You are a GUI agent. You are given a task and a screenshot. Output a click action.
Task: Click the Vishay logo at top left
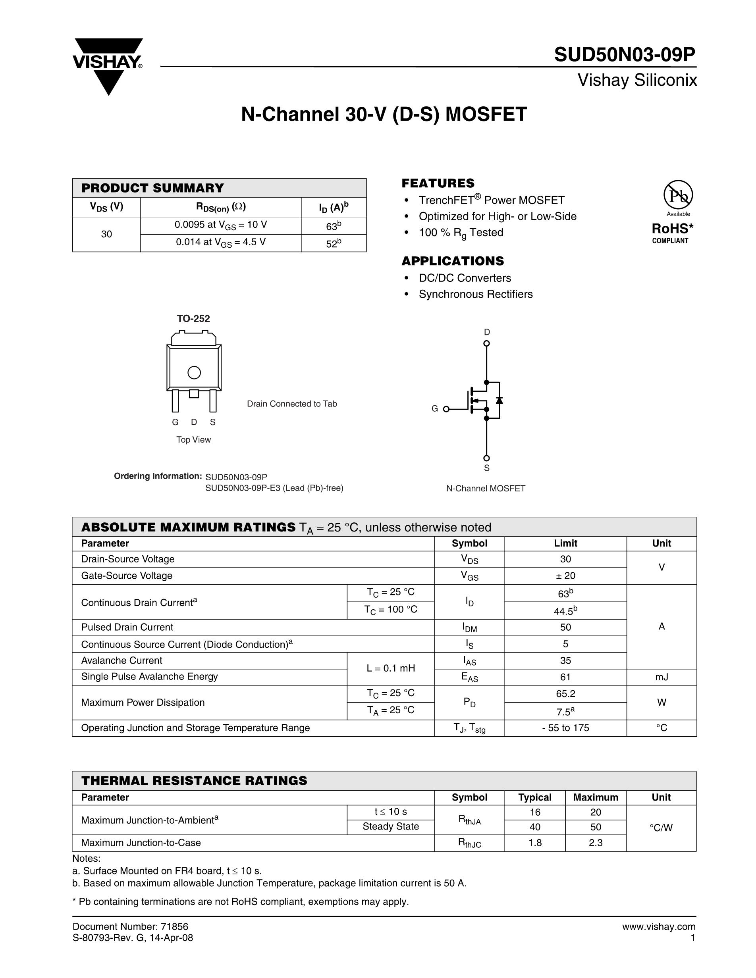click(x=108, y=65)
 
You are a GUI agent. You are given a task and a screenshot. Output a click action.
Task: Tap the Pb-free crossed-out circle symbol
click(x=678, y=195)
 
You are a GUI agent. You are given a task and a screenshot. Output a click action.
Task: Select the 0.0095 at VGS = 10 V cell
click(x=220, y=225)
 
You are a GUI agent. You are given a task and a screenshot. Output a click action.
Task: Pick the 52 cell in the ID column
click(x=333, y=244)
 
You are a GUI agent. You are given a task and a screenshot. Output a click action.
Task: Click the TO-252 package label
click(x=193, y=318)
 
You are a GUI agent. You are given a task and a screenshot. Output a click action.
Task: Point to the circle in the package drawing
click(x=194, y=373)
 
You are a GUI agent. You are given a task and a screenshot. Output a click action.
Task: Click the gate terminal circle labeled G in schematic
click(x=446, y=409)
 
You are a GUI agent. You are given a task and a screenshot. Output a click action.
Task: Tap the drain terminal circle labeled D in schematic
click(x=486, y=343)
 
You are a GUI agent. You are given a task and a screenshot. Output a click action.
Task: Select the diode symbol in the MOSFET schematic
click(x=499, y=400)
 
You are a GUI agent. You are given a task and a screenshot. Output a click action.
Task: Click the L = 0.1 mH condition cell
click(x=391, y=668)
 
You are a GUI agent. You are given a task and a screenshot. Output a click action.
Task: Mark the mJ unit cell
click(x=661, y=677)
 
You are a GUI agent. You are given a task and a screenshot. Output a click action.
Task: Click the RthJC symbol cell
click(x=469, y=843)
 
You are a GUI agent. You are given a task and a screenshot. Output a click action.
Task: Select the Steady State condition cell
click(x=391, y=827)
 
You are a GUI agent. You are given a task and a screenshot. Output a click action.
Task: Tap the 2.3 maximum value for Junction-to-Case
click(x=596, y=843)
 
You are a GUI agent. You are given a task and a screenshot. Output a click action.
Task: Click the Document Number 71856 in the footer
click(x=130, y=927)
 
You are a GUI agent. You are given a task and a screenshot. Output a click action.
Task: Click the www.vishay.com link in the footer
click(x=658, y=927)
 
